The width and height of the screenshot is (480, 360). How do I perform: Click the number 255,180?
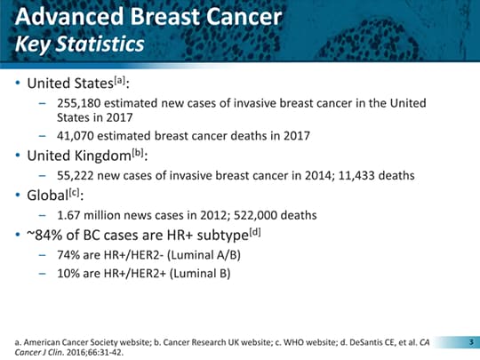79,103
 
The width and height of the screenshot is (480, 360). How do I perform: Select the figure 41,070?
76,136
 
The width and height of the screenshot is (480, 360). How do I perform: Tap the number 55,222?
76,175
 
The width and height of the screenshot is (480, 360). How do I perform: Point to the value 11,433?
356,175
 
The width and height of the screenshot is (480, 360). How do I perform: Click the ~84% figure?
45,235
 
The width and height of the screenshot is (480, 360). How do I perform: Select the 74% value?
68,255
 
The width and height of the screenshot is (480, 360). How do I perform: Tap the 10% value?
68,274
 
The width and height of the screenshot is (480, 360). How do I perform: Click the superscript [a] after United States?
120,81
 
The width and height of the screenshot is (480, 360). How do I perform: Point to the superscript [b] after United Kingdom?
138,153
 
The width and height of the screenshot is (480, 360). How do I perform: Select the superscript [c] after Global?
74,193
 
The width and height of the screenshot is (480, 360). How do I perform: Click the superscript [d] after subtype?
255,233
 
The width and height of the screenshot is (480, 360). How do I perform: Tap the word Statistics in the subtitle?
100,44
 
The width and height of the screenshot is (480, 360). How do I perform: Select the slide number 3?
471,342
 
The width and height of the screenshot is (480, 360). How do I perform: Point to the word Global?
47,196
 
